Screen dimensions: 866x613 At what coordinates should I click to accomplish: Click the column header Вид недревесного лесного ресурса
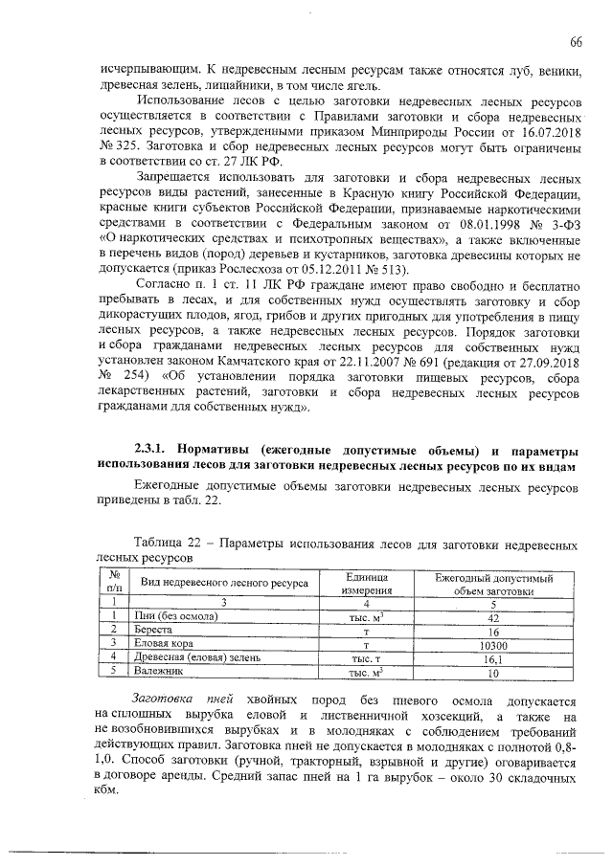point(224,583)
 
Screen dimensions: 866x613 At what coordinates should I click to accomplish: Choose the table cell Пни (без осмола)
point(178,616)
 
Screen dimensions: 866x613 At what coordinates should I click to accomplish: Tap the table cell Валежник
point(159,673)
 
